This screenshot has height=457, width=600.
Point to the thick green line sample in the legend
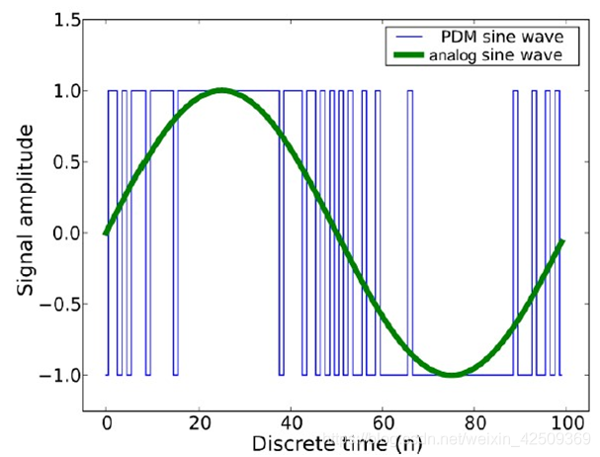[x=405, y=55]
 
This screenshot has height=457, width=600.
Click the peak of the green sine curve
[x=221, y=91]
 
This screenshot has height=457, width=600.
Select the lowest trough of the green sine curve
[x=452, y=375]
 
